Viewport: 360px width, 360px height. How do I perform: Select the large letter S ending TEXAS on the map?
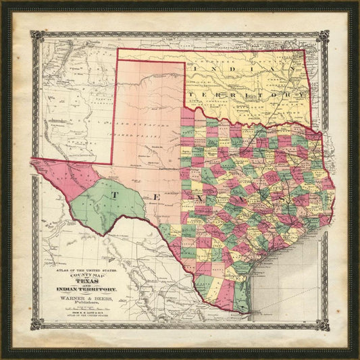pyautogui.click(x=289, y=199)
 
